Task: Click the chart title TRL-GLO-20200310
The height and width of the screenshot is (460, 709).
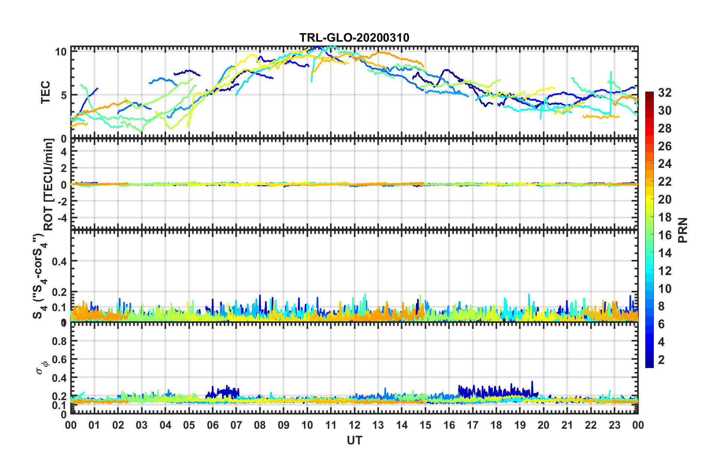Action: tap(354, 38)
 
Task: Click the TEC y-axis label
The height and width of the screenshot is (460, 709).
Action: tap(45, 92)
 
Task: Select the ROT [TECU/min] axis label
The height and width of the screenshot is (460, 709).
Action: tap(48, 184)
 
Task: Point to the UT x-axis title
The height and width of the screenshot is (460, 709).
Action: tap(354, 441)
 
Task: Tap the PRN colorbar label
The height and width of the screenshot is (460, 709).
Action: tap(683, 230)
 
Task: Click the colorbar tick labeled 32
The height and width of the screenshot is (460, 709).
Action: tap(665, 93)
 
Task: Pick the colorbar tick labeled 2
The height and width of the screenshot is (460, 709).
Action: tap(661, 360)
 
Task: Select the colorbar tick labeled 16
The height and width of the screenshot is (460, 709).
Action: tap(665, 235)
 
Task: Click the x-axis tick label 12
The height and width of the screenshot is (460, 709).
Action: tap(354, 425)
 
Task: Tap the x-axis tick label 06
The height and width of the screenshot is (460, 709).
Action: tap(212, 425)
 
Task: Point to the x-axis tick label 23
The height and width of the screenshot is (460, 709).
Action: tap(614, 425)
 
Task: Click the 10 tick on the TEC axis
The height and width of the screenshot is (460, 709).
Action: tap(61, 52)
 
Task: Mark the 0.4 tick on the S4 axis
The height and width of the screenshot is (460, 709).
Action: tap(59, 261)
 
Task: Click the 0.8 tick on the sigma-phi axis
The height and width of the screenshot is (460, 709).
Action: tap(59, 341)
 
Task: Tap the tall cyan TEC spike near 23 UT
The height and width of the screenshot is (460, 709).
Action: tap(611, 89)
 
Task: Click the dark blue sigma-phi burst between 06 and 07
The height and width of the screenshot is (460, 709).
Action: tap(224, 392)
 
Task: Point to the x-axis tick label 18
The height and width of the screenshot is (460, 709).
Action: tap(496, 425)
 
